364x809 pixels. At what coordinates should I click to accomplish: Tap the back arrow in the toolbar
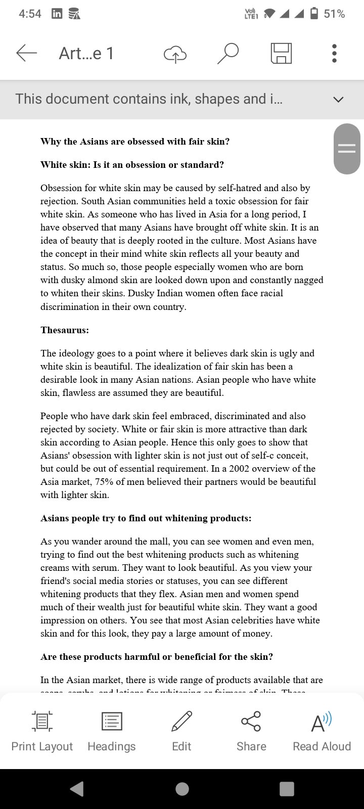tap(27, 53)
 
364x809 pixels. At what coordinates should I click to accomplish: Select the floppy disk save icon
tap(282, 53)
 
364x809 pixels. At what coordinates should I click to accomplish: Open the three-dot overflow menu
tap(334, 53)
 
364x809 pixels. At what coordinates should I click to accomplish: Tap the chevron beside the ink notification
tap(338, 99)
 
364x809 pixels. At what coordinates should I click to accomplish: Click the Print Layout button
tap(42, 730)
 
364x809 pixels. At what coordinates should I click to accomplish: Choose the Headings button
tap(112, 730)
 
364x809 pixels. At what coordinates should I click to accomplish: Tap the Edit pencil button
tap(181, 730)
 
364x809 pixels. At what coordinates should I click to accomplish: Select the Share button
tap(251, 730)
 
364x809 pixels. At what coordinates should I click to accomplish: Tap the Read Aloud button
tap(322, 730)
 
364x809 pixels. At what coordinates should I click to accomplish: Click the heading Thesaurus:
tap(65, 330)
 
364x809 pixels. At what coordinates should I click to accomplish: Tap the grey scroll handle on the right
tap(347, 149)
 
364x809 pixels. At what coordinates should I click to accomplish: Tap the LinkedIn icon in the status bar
tap(57, 14)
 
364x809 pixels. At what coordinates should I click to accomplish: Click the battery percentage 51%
tap(334, 14)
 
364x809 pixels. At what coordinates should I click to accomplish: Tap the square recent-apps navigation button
tap(287, 789)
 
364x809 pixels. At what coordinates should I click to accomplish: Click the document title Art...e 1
tap(86, 53)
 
